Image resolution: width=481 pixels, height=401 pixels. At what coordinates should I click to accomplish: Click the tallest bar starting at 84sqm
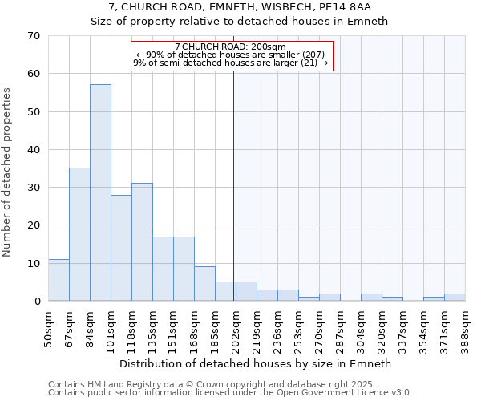(100, 192)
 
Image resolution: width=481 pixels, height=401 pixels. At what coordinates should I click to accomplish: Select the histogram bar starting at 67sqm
(79, 234)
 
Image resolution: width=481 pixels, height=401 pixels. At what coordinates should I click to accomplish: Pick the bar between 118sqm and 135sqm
(142, 242)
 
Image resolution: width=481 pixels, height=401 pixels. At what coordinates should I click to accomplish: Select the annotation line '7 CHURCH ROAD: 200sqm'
(230, 47)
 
